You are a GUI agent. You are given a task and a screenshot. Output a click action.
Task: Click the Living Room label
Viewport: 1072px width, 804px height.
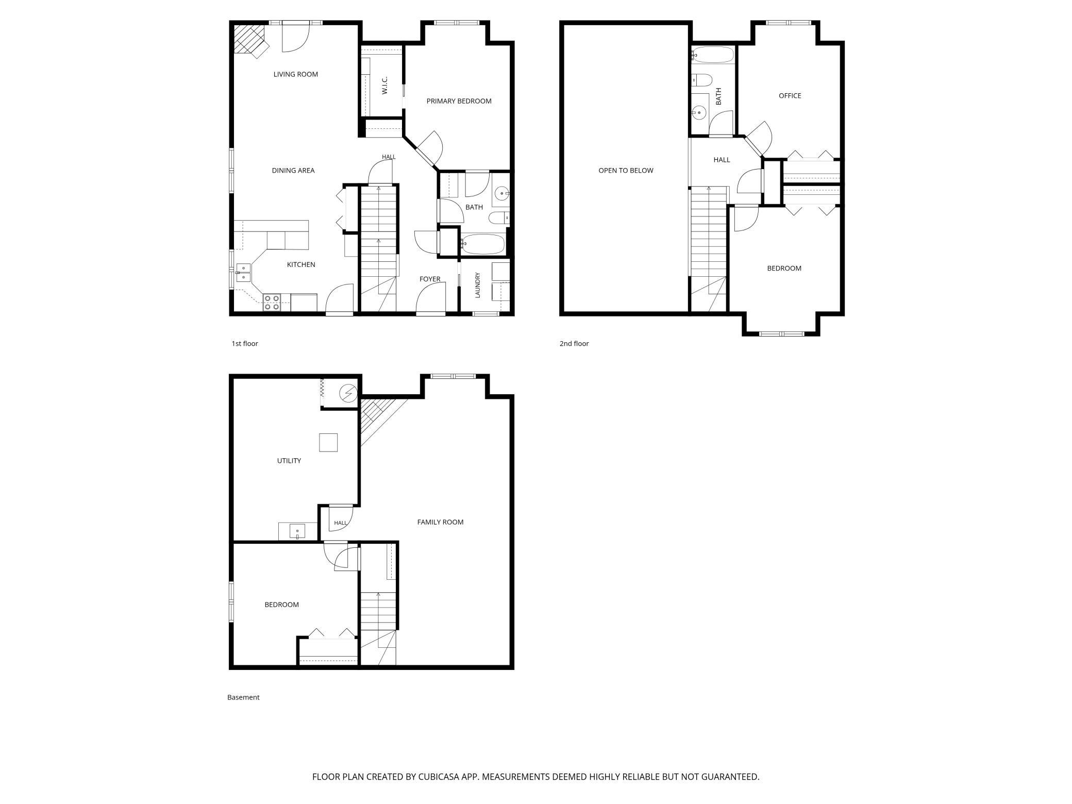pos(295,74)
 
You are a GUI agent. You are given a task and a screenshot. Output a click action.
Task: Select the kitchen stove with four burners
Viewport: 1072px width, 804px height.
pos(272,303)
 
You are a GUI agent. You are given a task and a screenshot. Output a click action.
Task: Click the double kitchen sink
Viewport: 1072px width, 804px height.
pos(243,273)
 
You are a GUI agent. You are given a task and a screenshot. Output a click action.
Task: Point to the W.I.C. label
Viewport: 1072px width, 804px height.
pos(385,85)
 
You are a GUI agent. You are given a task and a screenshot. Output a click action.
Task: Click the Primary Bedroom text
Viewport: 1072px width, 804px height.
pos(459,101)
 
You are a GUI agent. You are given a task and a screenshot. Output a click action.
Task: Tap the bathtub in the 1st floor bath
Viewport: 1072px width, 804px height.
pos(483,244)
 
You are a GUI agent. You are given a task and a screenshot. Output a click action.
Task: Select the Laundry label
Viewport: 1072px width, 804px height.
pos(478,285)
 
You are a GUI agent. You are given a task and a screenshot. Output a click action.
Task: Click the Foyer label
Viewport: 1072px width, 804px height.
pos(430,279)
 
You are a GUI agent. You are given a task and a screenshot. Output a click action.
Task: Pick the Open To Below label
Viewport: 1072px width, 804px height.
pos(626,171)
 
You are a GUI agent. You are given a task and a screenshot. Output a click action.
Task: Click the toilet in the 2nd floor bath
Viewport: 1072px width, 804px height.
pos(701,80)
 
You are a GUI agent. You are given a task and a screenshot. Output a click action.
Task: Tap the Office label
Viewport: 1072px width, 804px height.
pos(790,96)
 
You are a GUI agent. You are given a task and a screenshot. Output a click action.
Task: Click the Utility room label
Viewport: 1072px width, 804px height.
pos(289,461)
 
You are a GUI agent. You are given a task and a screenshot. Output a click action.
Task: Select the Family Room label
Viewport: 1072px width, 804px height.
pos(440,522)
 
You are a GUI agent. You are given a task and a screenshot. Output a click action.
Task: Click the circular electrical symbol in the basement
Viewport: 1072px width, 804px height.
pos(348,394)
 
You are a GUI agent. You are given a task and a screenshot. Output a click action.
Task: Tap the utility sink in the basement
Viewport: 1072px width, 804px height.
pos(297,531)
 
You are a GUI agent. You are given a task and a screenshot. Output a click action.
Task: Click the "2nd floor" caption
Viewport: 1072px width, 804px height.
pos(574,344)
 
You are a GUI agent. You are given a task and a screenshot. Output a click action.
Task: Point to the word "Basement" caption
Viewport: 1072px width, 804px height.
pos(243,697)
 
